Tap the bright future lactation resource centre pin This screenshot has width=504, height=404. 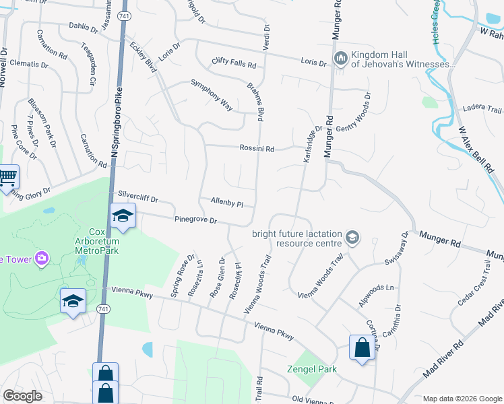click(x=351, y=238)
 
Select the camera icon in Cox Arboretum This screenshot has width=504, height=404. click(x=42, y=258)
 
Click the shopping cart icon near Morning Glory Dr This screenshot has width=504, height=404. click(x=7, y=178)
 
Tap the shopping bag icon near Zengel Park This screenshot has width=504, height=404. click(x=362, y=347)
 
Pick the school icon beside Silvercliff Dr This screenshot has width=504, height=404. click(x=123, y=215)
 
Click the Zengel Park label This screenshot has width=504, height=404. click(x=311, y=369)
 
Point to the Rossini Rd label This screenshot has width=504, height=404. click(x=256, y=149)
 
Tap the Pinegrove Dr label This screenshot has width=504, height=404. click(x=195, y=220)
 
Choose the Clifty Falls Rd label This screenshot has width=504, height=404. click(x=233, y=63)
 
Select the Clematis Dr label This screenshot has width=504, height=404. click(x=28, y=63)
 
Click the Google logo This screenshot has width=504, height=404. click(x=22, y=396)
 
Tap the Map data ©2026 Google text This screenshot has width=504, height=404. click(x=462, y=399)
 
